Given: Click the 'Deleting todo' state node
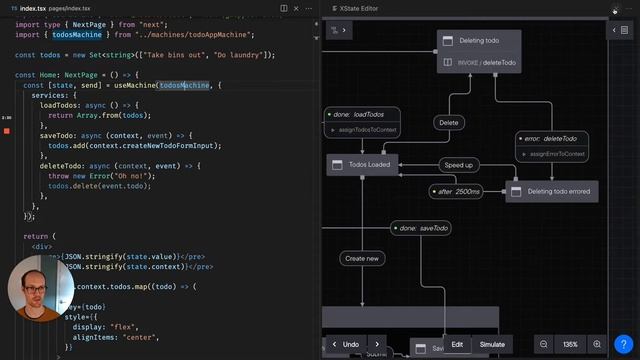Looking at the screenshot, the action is coord(480,42).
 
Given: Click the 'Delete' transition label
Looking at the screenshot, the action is coord(449,123).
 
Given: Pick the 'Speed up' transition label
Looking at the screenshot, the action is coord(459,164).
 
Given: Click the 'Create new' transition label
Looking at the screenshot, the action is coord(361,258).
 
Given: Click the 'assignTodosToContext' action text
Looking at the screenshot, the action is coord(368,130).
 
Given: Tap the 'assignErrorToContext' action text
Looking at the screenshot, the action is coord(554,154).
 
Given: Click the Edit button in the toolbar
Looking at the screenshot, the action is coord(457,344).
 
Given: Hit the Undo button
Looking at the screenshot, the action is coord(351,344).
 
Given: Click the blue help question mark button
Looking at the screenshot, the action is coord(622,344).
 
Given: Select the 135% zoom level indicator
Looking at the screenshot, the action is coord(570,344).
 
